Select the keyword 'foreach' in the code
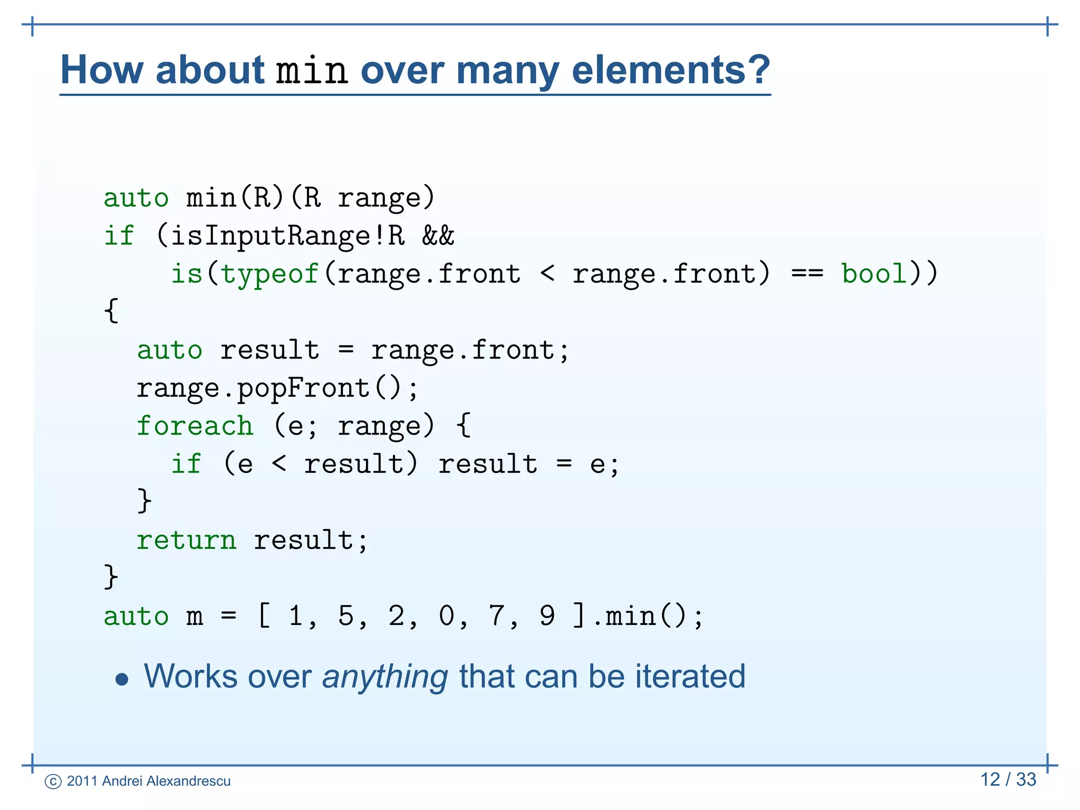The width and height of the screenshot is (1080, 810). pos(195,426)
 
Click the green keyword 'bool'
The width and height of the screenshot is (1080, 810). pos(874,274)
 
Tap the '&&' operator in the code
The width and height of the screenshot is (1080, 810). pos(438,235)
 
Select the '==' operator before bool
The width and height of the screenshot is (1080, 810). pos(807,274)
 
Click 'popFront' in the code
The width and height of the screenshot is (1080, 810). pos(303,389)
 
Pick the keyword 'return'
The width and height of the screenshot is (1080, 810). pos(186,540)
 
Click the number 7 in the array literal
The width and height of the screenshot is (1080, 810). pos(497,615)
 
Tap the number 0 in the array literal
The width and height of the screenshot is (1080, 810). pos(446,615)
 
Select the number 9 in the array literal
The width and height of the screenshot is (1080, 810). pos(547,615)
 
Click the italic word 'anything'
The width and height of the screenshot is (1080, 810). pos(385,677)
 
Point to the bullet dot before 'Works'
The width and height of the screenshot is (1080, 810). pos(122,679)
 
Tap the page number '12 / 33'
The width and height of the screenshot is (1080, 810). pos(1008,779)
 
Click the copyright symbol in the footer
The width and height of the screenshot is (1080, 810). pos(53,782)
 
